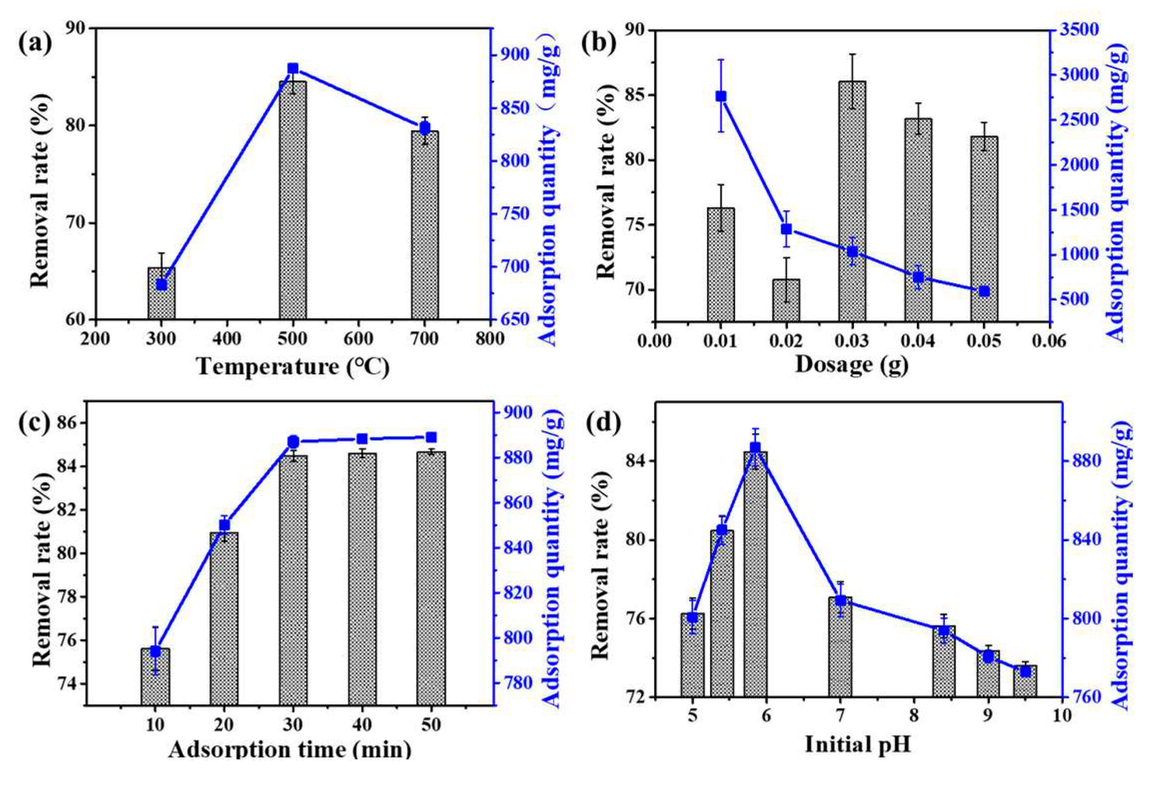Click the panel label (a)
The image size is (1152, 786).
[x=35, y=43]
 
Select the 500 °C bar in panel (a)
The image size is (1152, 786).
[x=293, y=200]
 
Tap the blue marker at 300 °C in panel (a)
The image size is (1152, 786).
[x=161, y=285]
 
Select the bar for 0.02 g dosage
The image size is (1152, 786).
[x=786, y=300]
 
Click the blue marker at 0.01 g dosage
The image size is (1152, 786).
[x=721, y=96]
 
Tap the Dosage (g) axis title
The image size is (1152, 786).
[x=851, y=364]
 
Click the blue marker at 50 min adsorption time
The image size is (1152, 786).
[x=431, y=438]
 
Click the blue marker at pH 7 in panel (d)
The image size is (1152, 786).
[x=840, y=600]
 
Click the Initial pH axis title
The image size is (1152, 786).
[x=857, y=745]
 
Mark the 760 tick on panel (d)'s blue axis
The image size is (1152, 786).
[x=1082, y=697]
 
